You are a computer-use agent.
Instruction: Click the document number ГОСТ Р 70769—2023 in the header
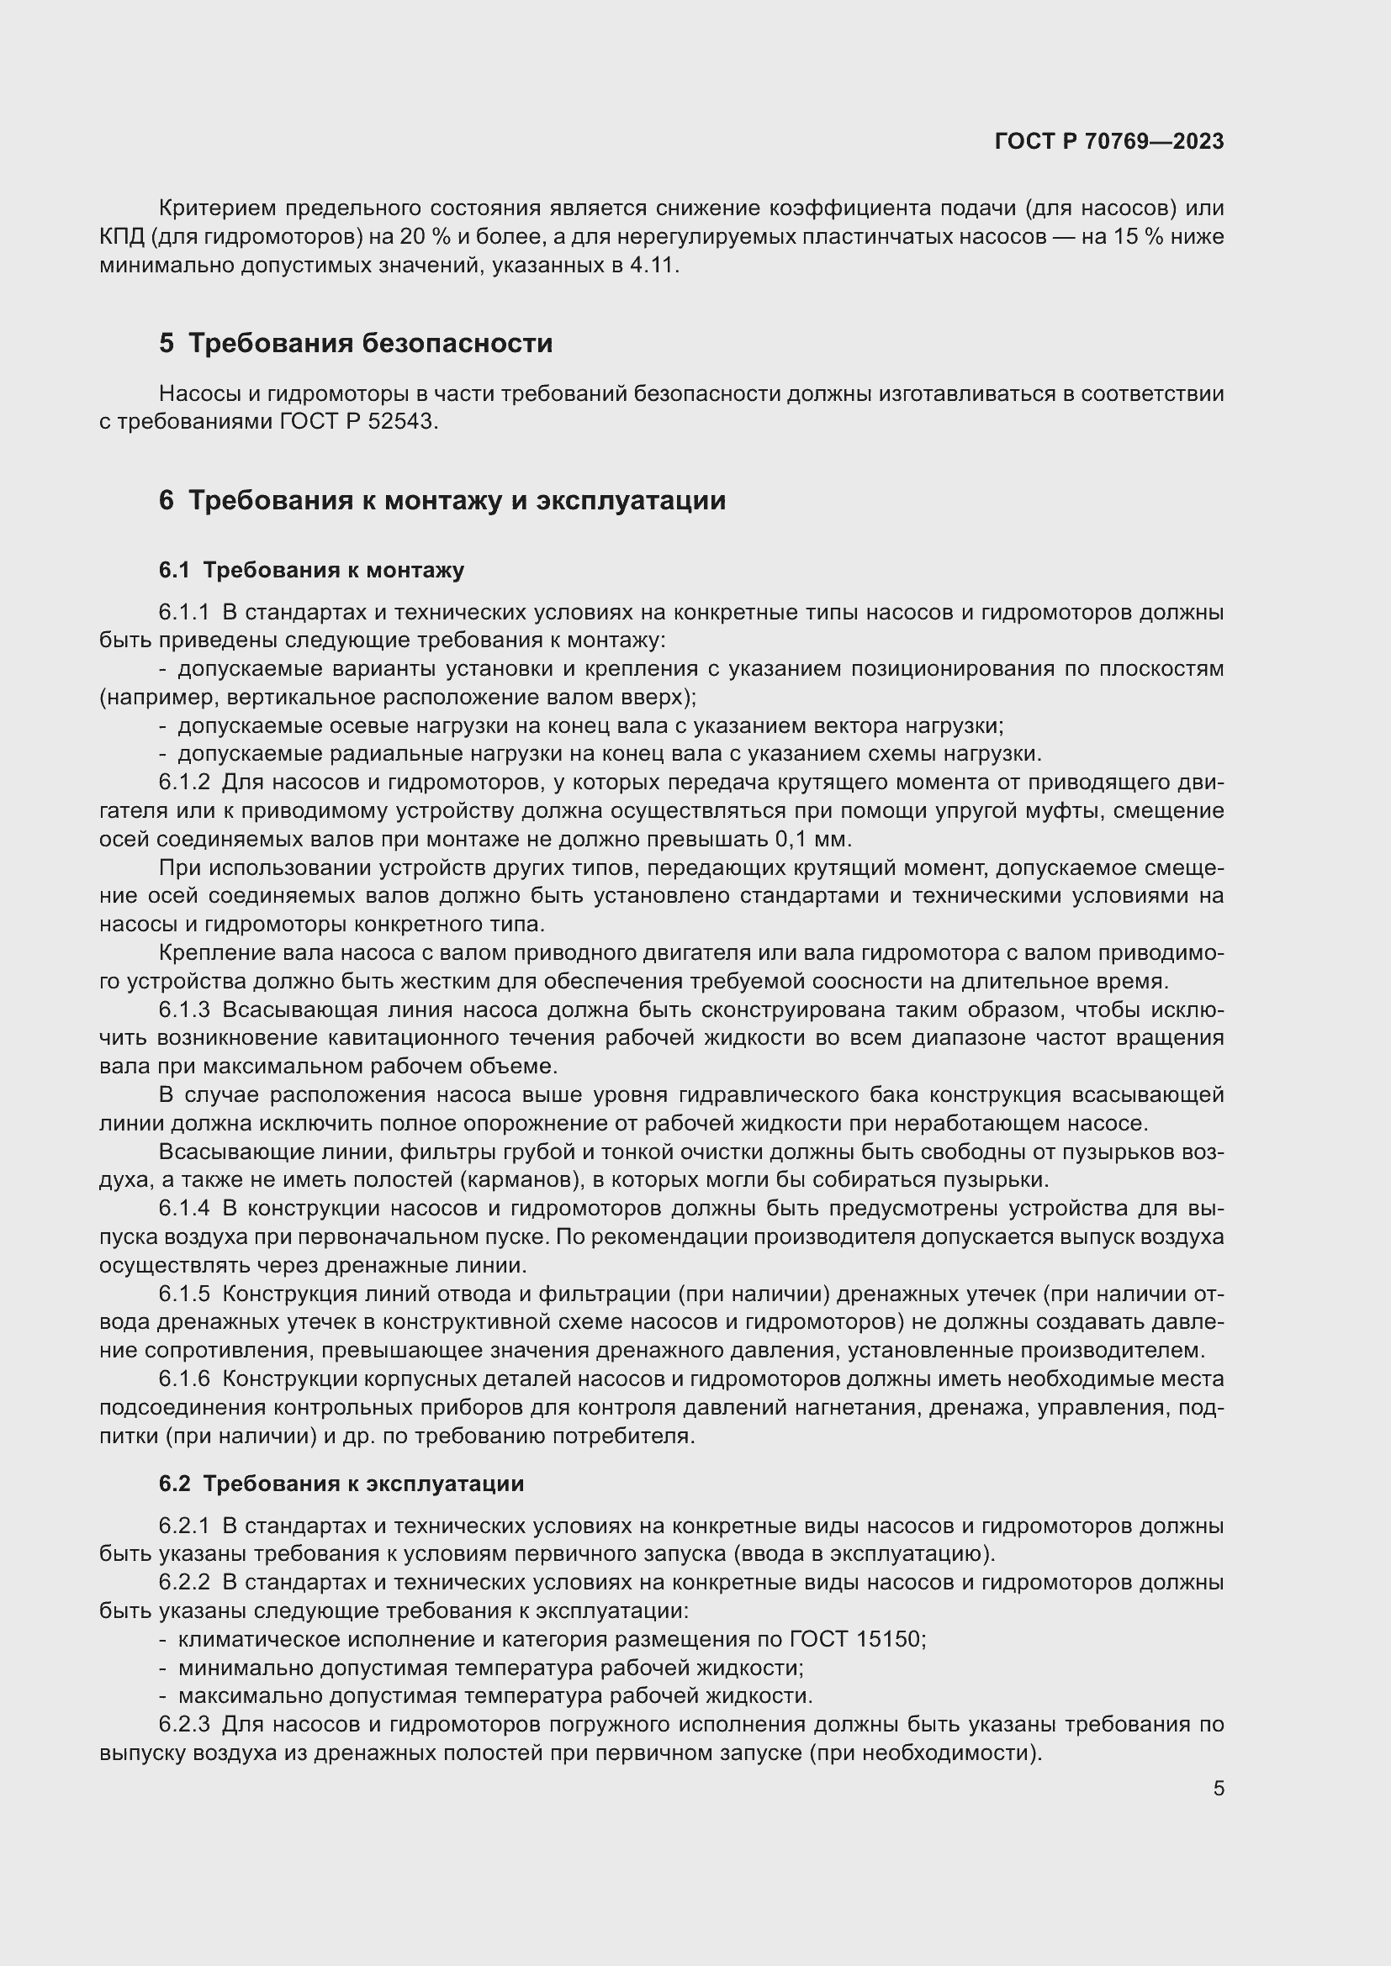point(1109,142)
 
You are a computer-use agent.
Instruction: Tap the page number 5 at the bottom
point(1219,1788)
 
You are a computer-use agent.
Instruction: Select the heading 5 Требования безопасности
point(356,344)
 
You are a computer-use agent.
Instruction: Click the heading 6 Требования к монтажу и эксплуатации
point(442,500)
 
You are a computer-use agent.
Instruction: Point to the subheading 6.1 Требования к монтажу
point(311,570)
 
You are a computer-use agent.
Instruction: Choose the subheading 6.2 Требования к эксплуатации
point(341,1484)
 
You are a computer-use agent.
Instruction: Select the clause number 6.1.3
point(184,1010)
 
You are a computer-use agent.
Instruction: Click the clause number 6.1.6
point(184,1379)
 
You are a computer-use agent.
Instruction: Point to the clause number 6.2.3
point(184,1724)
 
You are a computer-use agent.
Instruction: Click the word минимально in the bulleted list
point(246,1667)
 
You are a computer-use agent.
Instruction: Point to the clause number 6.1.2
point(184,782)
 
